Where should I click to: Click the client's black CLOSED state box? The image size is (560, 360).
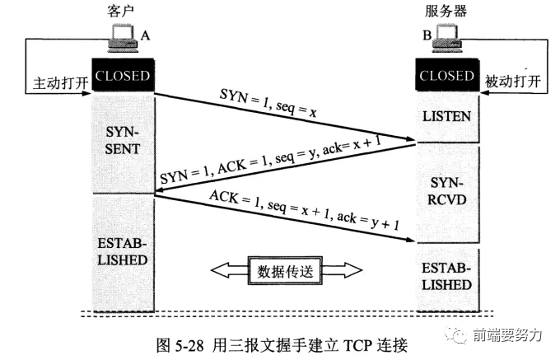(122, 77)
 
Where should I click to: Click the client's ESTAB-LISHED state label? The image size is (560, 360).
(122, 251)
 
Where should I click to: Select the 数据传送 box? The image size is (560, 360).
(284, 269)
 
